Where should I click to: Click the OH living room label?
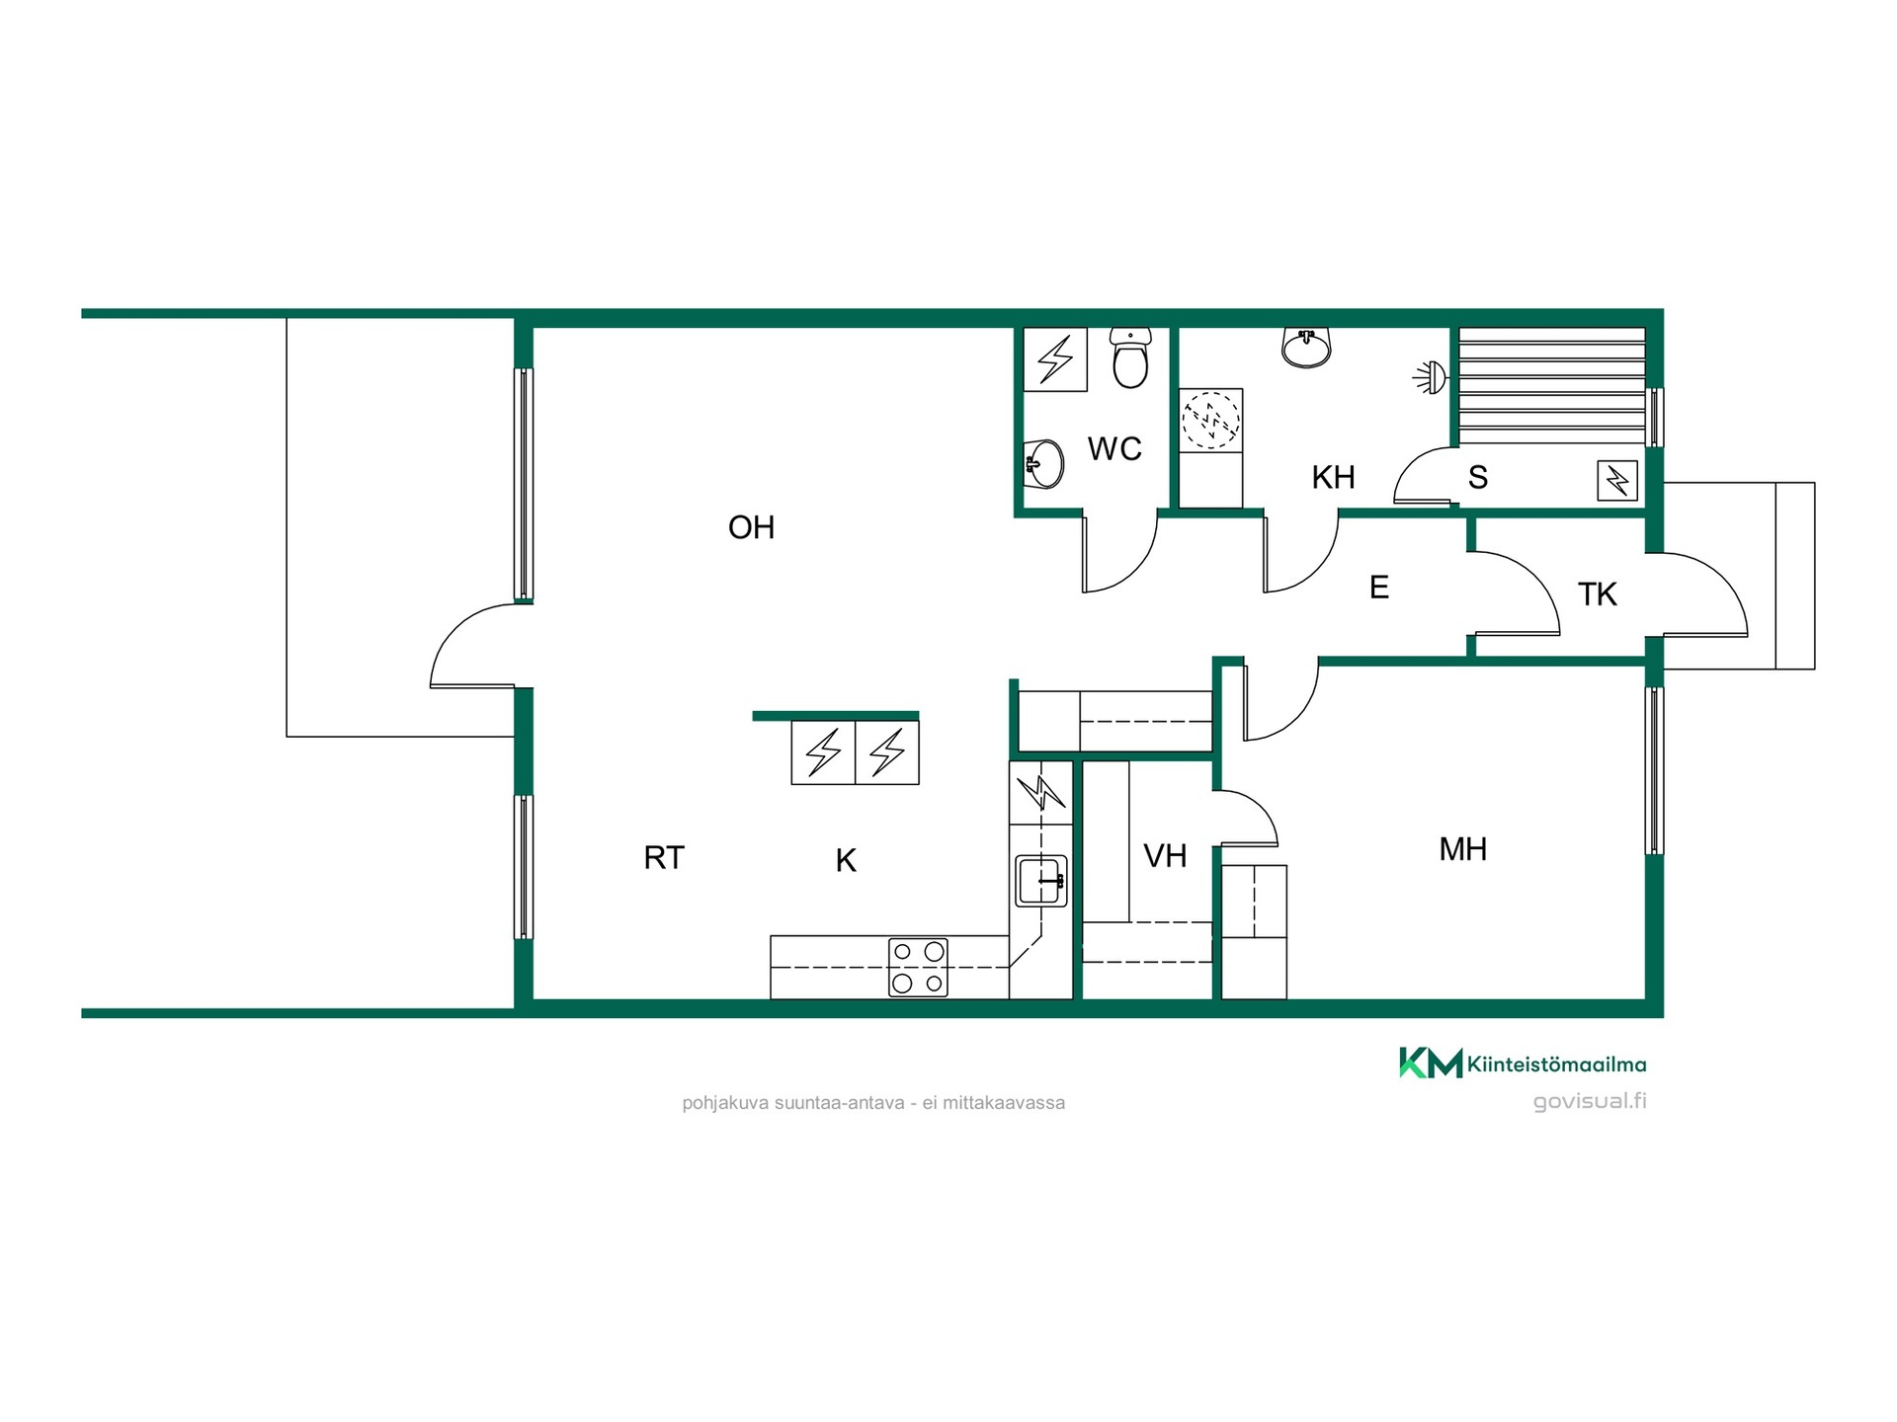(x=751, y=527)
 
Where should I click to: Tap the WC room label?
(x=1114, y=449)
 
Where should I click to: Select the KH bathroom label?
(x=1333, y=478)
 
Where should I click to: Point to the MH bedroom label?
(x=1462, y=849)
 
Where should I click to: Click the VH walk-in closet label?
(x=1165, y=856)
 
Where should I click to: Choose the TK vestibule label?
(x=1597, y=594)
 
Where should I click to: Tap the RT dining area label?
(x=663, y=858)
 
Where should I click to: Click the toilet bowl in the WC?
(x=1130, y=358)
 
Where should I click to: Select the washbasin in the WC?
(x=1043, y=463)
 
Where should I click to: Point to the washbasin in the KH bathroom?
(x=1306, y=348)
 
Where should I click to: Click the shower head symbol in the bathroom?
(x=1431, y=377)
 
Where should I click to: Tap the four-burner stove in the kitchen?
(x=918, y=968)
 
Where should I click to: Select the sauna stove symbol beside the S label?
(x=1617, y=481)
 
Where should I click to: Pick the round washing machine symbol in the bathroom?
(x=1210, y=419)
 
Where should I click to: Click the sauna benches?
(x=1552, y=386)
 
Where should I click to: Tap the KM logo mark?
(x=1431, y=1063)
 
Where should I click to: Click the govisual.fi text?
(x=1590, y=1101)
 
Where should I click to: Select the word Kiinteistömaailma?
(x=1557, y=1065)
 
